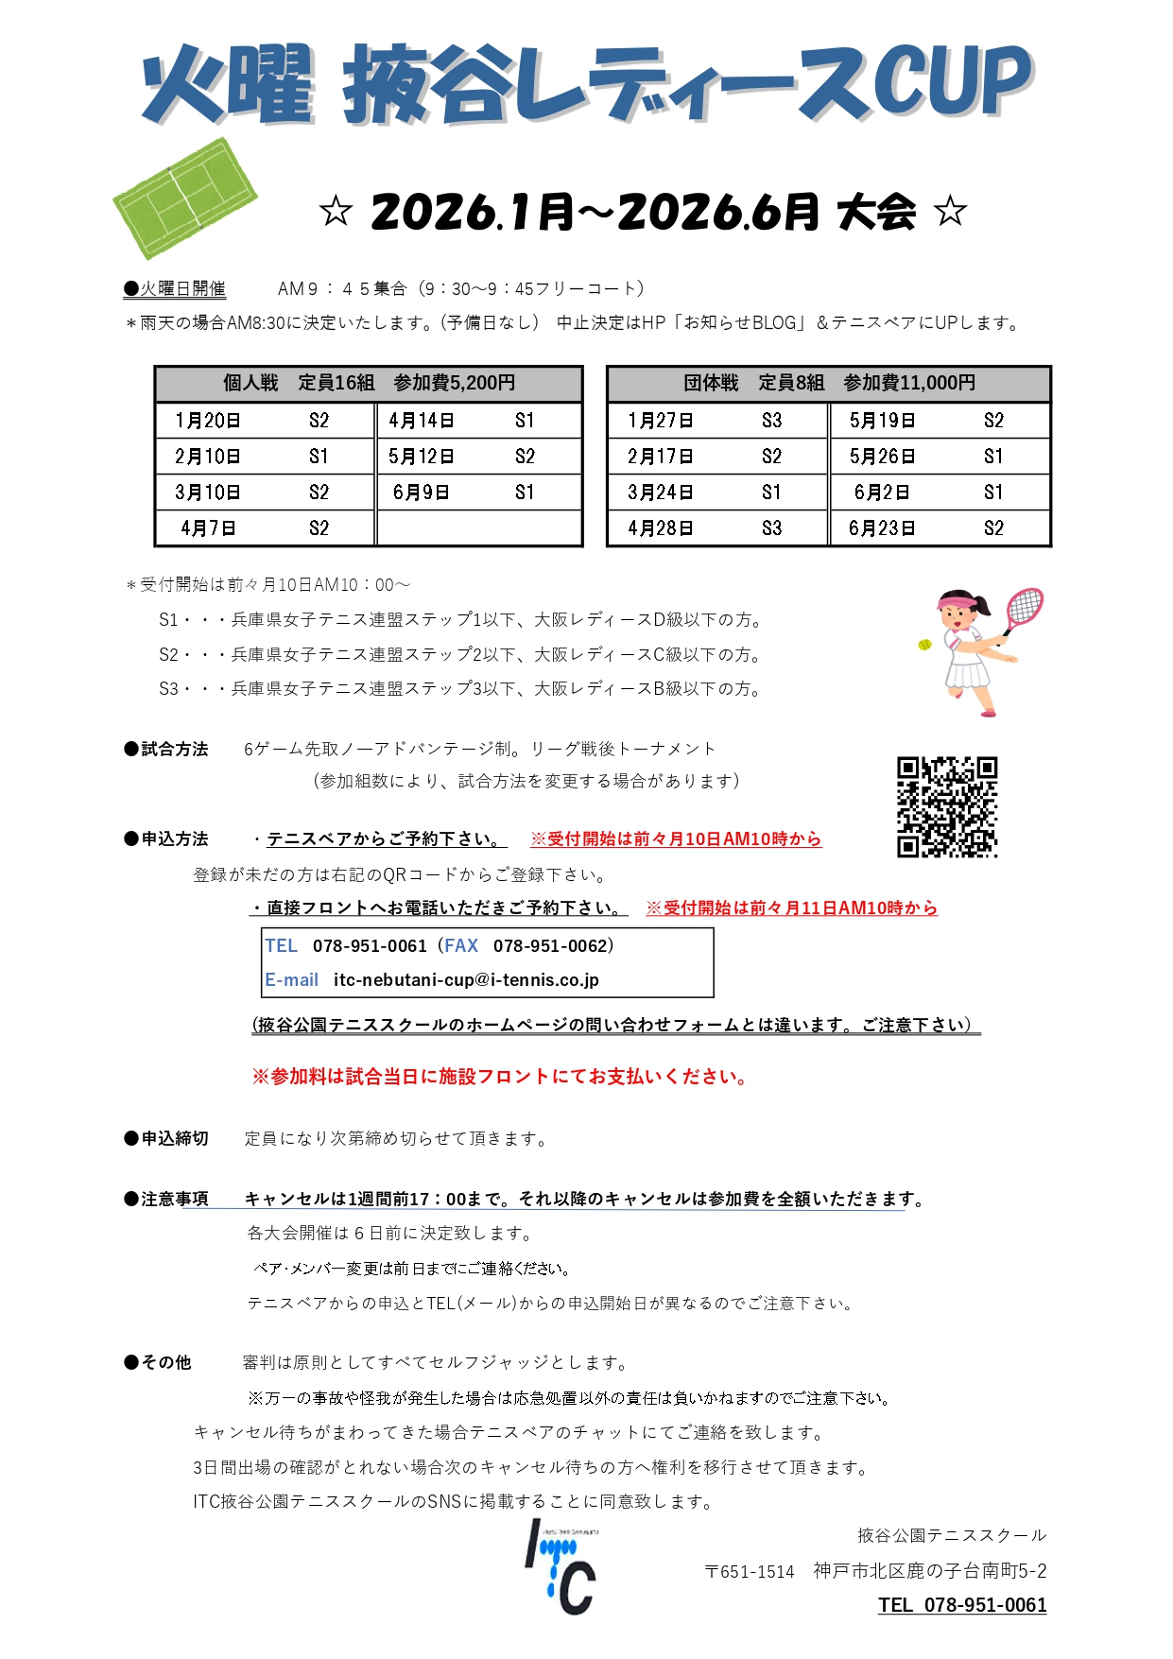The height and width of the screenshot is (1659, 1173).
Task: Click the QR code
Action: coord(947,806)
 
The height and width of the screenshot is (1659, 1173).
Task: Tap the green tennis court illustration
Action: coord(185,198)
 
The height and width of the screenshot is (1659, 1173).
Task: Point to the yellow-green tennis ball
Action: coord(924,645)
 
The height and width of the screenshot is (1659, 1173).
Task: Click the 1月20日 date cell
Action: coord(208,421)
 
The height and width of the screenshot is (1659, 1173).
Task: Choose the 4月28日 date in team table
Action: coord(661,528)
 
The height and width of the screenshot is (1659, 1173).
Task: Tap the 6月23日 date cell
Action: coord(882,528)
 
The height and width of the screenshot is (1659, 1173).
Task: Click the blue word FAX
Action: coord(461,946)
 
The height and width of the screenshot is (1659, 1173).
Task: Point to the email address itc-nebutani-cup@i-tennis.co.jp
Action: coord(466,980)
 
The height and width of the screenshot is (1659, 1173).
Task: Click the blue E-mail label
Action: coord(291,980)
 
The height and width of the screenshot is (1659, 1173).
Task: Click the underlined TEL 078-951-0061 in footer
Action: coord(962,1605)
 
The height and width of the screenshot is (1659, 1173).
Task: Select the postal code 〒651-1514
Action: coord(750,1572)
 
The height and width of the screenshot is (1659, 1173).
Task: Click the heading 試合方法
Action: coord(175,750)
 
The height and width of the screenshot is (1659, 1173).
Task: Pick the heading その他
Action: coord(166,1362)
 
